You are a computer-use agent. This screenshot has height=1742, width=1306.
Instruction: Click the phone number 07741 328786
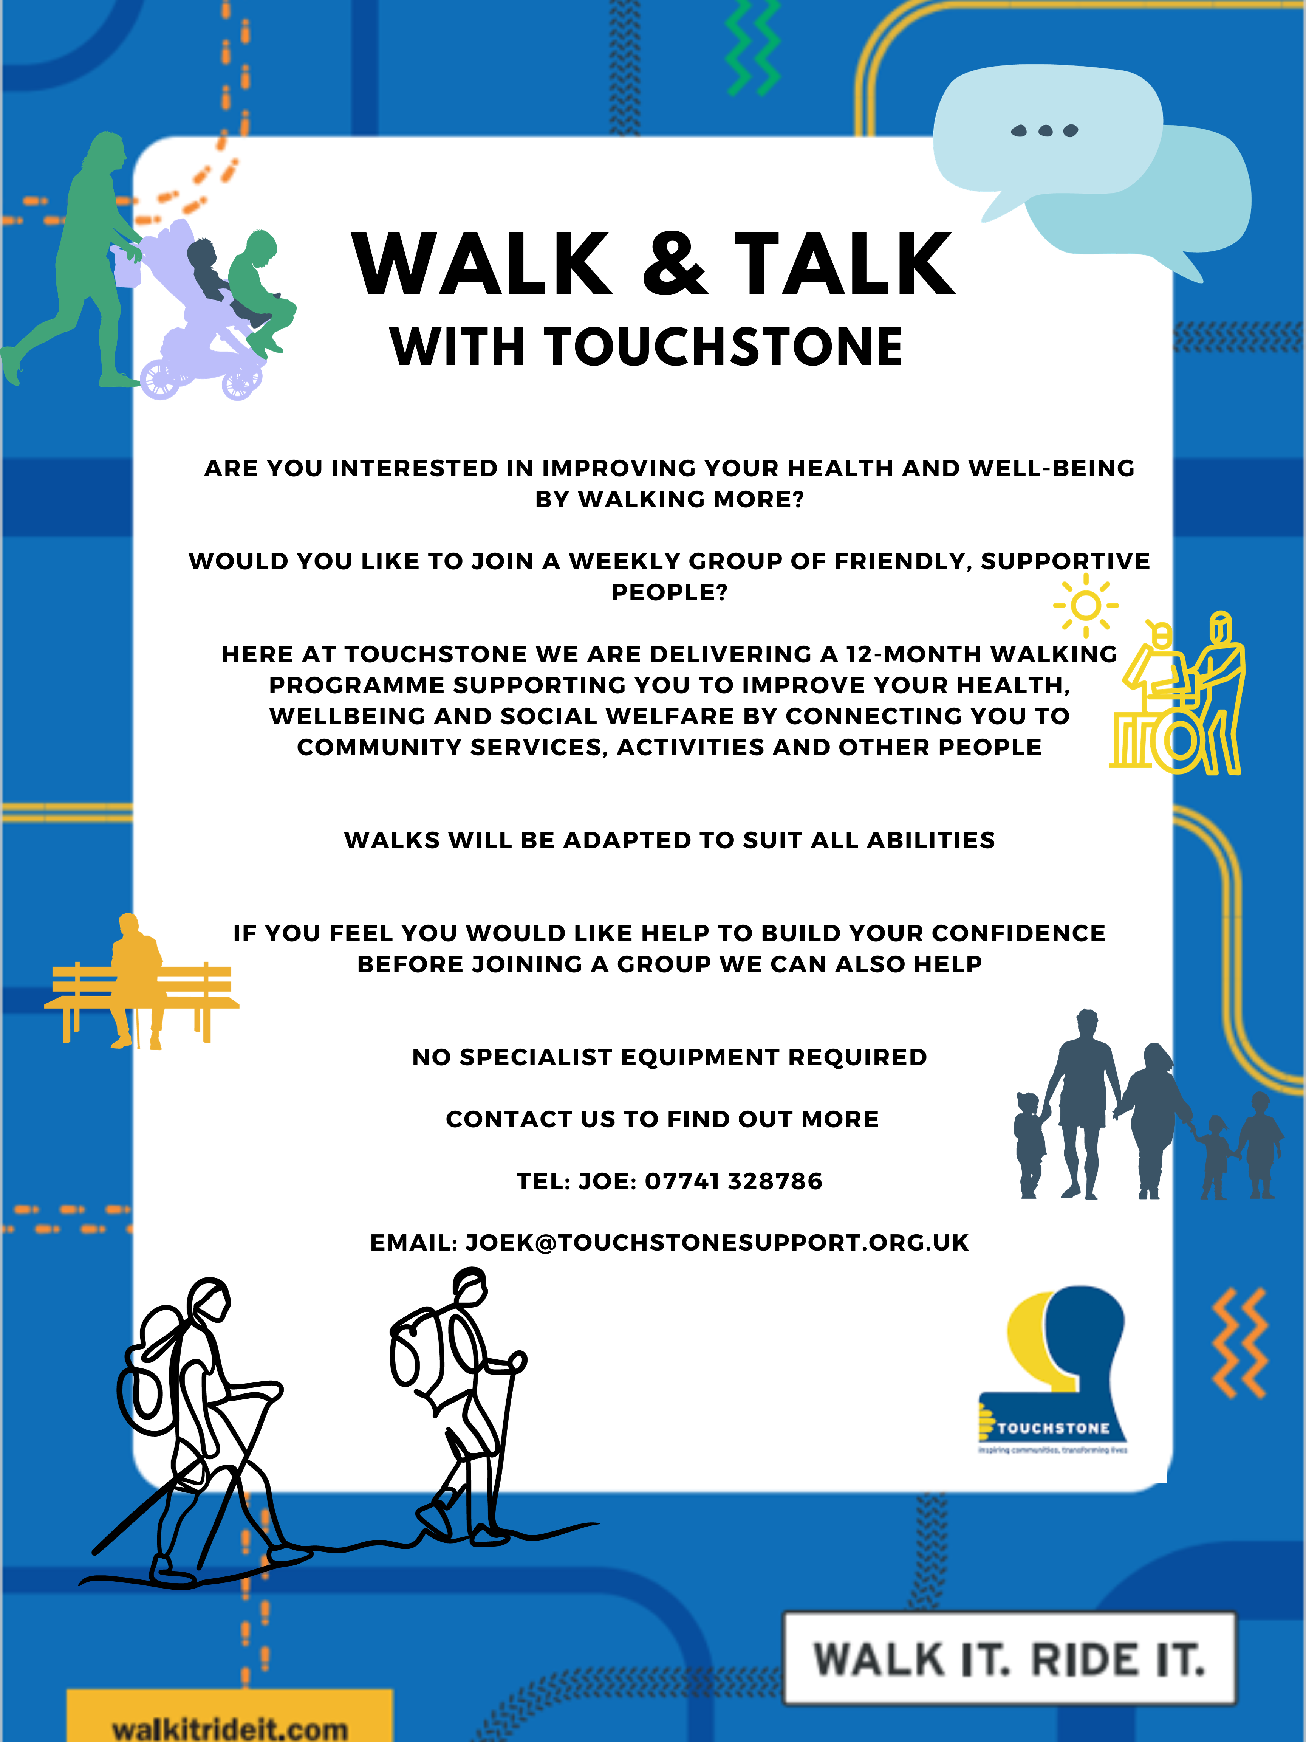point(734,1181)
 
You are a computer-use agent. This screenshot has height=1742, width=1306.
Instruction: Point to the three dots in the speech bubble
point(1044,131)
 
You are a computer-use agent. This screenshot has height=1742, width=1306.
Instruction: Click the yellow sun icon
point(1086,605)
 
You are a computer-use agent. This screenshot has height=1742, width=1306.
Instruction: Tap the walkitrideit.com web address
point(230,1729)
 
